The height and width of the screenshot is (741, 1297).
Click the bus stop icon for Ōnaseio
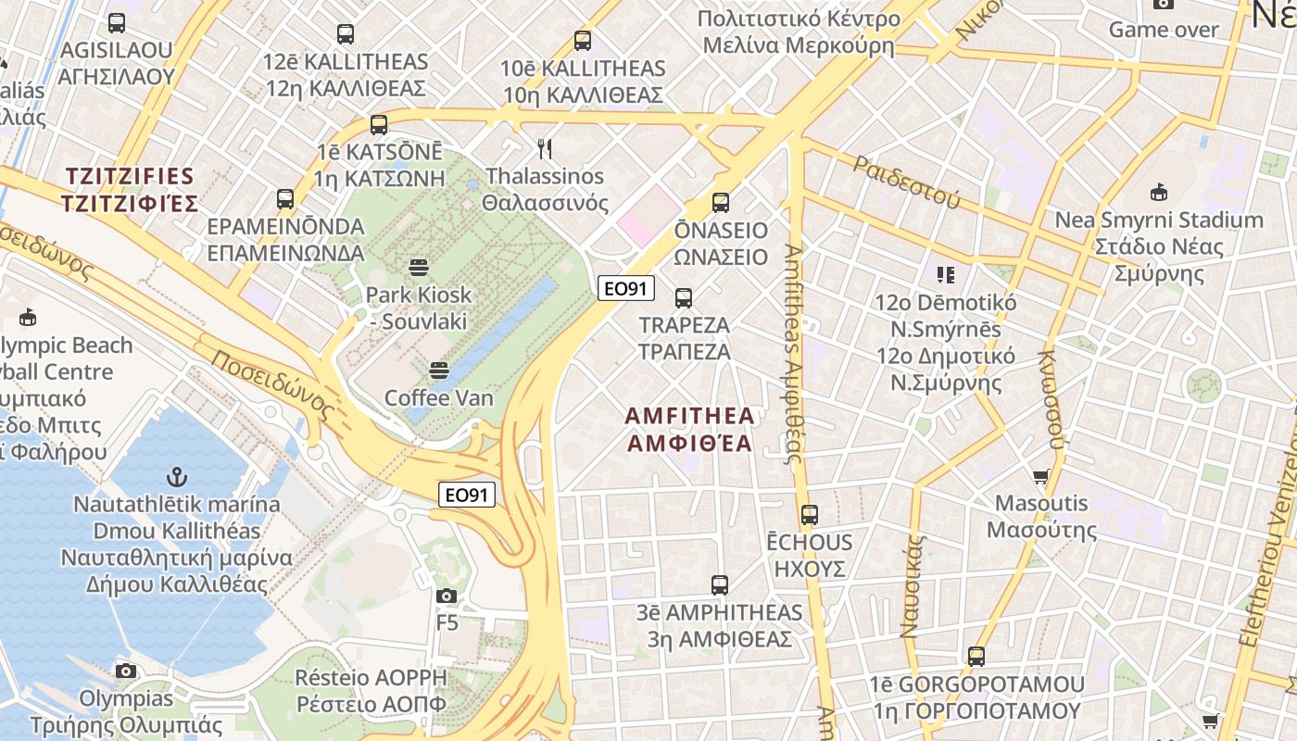(x=721, y=202)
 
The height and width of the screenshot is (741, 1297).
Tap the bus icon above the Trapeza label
(x=684, y=298)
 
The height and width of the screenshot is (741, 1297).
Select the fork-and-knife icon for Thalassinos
(x=545, y=147)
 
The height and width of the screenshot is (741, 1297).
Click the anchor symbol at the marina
(x=176, y=477)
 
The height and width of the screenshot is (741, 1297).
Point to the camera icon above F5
(x=447, y=596)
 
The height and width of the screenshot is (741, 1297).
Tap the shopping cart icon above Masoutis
(x=1040, y=477)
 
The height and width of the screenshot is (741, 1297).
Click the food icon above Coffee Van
(x=439, y=370)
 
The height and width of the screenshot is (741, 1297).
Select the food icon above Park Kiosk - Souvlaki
(x=418, y=268)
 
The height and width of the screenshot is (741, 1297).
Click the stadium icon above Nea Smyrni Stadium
(x=1158, y=193)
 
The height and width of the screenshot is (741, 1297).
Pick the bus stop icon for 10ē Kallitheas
(x=582, y=41)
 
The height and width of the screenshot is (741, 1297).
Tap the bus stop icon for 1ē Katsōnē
(x=378, y=125)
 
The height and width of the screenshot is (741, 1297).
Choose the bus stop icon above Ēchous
(x=810, y=515)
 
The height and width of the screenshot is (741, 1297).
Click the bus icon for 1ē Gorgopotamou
(x=976, y=657)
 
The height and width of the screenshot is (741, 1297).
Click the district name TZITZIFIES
(x=130, y=176)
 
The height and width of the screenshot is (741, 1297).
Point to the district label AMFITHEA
(x=690, y=416)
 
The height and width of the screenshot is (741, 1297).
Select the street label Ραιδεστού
(x=907, y=181)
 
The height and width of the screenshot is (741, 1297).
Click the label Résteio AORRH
(x=371, y=677)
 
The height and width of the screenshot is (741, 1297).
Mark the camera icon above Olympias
(x=126, y=671)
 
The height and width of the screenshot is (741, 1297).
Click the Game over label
(x=1165, y=30)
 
